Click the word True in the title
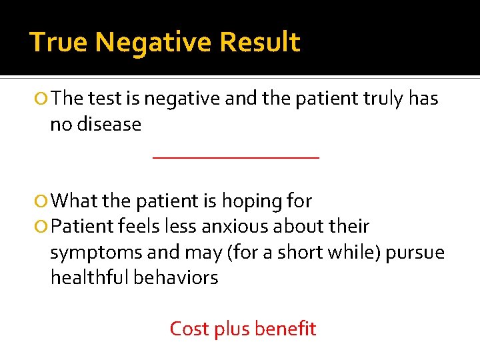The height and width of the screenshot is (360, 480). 59,42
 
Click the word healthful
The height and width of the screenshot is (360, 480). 90,277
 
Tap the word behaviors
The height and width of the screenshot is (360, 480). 176,277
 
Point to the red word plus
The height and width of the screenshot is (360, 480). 230,329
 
